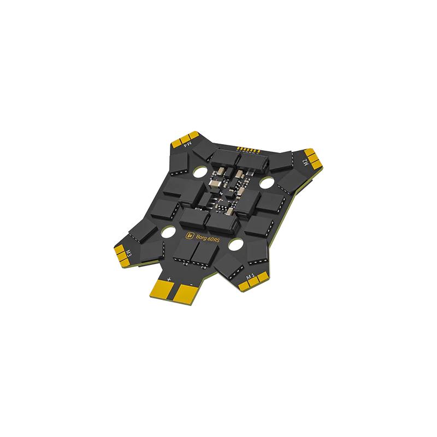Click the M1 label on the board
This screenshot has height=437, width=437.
(251, 277)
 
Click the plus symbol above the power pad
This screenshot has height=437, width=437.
(169, 279)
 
